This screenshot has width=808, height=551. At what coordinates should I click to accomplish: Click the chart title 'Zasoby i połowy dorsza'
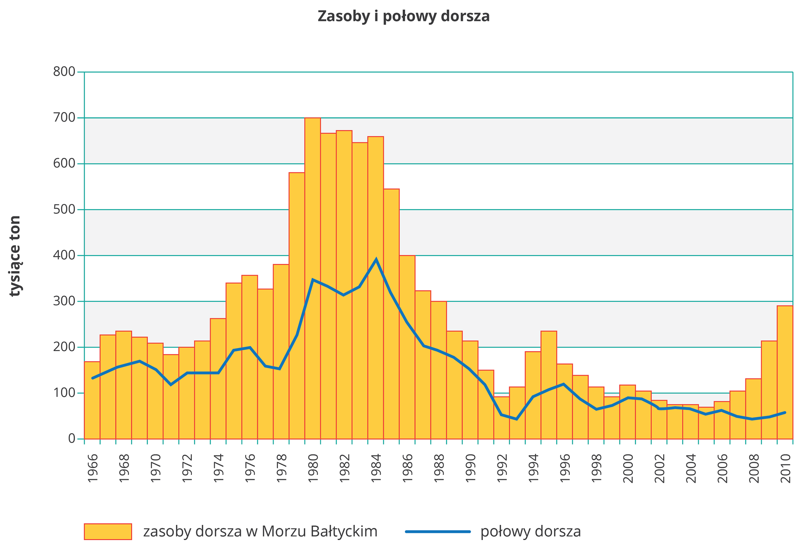click(404, 16)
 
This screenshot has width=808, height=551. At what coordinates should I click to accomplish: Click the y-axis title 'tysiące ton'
click(15, 256)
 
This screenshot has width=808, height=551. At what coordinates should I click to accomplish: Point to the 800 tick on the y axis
click(64, 72)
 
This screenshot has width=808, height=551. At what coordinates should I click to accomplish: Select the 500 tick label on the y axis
click(64, 210)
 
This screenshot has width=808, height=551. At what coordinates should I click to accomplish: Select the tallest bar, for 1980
click(313, 278)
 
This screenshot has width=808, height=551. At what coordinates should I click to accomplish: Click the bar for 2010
click(785, 373)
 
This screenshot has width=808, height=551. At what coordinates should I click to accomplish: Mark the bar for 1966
click(92, 400)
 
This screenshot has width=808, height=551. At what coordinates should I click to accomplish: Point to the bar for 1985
click(391, 314)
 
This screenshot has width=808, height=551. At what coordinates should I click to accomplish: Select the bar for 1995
click(549, 385)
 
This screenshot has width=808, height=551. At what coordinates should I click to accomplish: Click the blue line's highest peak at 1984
click(376, 259)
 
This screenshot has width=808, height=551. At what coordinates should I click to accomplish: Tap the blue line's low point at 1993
click(517, 419)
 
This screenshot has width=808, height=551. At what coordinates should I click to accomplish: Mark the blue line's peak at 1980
click(313, 279)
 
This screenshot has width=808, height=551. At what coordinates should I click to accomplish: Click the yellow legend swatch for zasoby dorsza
click(108, 531)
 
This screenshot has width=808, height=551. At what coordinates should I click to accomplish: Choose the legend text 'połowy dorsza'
click(531, 531)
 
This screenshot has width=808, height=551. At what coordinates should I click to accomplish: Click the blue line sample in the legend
click(438, 531)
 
